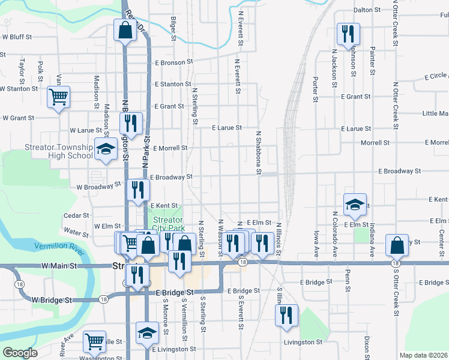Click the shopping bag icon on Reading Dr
pyautogui.click(x=124, y=31)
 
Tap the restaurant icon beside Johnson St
pyautogui.click(x=348, y=34)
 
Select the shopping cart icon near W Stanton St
pyautogui.click(x=59, y=96)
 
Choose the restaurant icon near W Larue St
pyautogui.click(x=131, y=123)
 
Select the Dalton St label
pyautogui.click(x=368, y=10)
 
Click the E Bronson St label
pyautogui.click(x=173, y=62)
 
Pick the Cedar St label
pyautogui.click(x=77, y=215)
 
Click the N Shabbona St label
pyautogui.click(x=259, y=153)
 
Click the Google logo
pyautogui.click(x=20, y=353)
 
